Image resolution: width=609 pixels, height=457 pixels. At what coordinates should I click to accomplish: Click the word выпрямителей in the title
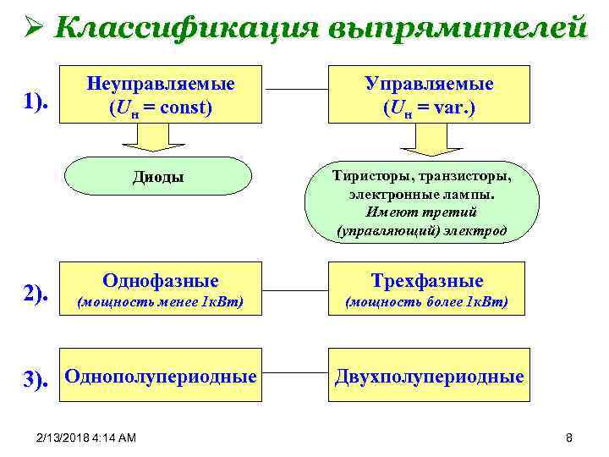pos(454,27)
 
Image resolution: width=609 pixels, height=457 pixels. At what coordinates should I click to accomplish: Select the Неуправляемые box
pos(161,96)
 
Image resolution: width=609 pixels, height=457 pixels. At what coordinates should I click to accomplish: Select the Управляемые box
pos(428,96)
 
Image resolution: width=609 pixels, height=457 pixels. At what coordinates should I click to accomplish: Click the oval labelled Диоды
pos(158,177)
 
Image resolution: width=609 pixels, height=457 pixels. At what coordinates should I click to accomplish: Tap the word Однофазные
pos(161,281)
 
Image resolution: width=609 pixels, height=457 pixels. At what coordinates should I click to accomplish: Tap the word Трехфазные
pos(428,281)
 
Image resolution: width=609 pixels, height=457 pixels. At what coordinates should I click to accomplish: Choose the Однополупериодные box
pos(161,376)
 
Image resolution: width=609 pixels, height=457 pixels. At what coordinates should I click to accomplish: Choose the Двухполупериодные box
pos(429,377)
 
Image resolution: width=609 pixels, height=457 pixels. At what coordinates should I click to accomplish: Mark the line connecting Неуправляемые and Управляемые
pos(296,89)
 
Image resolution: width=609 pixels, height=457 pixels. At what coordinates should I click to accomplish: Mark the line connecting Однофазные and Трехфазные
pos(296,278)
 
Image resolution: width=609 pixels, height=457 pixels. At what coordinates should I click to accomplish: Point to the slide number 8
pos(569,438)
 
